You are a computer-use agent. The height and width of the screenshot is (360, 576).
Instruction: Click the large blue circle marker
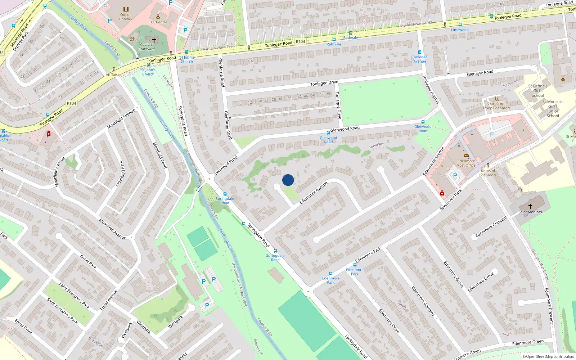click(288, 180)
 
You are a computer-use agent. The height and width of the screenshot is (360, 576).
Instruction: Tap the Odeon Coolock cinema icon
click(126, 9)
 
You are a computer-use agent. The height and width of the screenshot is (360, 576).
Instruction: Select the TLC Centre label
click(158, 22)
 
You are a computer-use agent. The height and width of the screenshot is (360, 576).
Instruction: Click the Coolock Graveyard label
click(147, 47)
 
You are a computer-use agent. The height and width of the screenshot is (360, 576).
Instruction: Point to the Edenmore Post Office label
click(466, 163)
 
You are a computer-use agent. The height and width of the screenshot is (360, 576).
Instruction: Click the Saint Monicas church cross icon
click(530, 206)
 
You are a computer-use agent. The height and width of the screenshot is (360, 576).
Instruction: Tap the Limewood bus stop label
click(460, 30)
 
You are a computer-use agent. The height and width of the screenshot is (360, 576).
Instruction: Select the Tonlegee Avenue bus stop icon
click(419, 53)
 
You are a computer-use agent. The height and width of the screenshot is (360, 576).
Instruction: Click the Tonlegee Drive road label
click(324, 83)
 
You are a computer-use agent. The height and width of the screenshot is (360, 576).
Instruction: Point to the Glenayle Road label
click(480, 73)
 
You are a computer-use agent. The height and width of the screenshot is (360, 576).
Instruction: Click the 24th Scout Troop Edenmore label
click(496, 106)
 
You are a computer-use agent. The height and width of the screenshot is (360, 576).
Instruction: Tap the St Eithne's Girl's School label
click(538, 91)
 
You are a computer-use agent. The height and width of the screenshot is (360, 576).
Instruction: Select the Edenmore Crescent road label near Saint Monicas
click(491, 227)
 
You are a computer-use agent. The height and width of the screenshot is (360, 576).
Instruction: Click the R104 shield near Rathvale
click(300, 41)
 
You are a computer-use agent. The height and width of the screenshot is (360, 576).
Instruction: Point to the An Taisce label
click(113, 75)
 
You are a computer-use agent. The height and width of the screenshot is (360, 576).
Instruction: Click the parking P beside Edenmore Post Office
click(455, 176)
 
